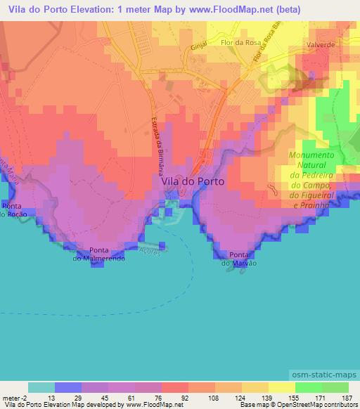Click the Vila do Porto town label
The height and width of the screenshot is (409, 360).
(x=193, y=181)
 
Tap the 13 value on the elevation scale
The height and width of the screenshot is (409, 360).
(x=41, y=398)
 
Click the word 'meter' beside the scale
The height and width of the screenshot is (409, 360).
(x=10, y=398)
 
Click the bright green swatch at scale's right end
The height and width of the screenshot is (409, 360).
(x=335, y=387)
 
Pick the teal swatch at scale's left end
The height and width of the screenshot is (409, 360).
(x=41, y=387)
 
